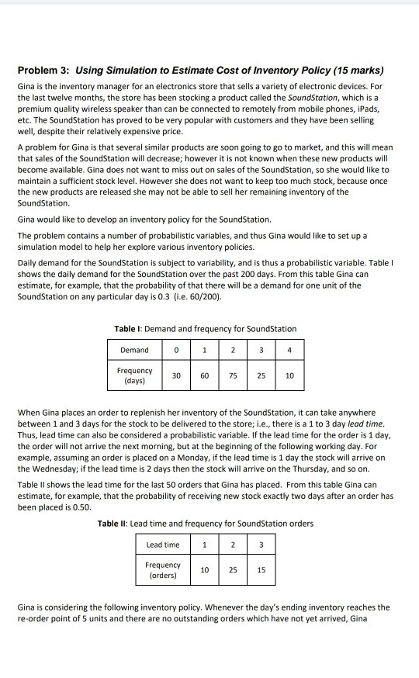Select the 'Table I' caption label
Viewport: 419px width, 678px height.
(127, 330)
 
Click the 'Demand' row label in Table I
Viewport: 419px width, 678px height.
(133, 350)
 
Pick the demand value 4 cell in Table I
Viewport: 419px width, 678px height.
(288, 350)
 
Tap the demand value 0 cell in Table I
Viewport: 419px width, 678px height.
(177, 350)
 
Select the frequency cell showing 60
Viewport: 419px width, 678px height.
(204, 375)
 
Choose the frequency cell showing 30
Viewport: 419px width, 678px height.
(177, 375)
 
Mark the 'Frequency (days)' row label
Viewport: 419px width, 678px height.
(133, 375)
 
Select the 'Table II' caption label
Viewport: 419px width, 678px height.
(113, 524)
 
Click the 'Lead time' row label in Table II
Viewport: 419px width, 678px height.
(163, 545)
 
